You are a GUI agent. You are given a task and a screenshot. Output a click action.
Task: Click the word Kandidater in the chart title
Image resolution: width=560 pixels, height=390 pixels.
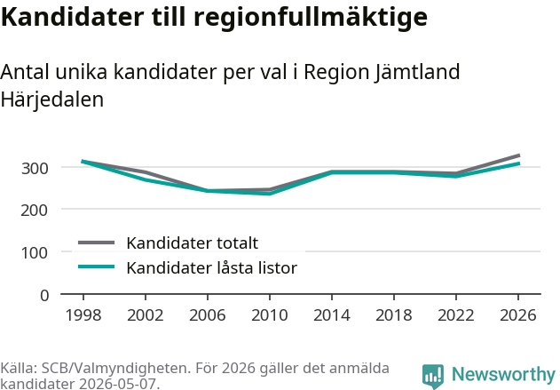tap(73, 17)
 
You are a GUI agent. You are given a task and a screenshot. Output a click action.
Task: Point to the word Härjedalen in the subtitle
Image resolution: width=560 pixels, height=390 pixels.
tap(52, 99)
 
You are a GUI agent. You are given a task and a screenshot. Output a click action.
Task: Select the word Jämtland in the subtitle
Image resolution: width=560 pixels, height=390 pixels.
tap(417, 73)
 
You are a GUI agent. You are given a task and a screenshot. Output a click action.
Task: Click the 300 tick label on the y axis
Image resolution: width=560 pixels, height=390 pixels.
tap(35, 168)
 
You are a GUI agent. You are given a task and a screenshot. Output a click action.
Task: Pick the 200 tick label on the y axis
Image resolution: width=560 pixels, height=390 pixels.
tap(35, 210)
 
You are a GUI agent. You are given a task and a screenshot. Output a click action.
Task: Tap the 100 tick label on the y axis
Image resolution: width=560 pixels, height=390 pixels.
tap(35, 252)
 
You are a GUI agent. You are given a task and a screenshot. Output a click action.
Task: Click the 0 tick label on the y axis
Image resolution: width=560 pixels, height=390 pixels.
tap(44, 296)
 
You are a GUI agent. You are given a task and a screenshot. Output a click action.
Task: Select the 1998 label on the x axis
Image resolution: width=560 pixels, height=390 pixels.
tap(83, 315)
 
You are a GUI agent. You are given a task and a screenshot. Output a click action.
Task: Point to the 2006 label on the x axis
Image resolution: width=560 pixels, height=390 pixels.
tap(208, 315)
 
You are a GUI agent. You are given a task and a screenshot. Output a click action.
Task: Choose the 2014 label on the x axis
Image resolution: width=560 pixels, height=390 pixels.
tap(332, 315)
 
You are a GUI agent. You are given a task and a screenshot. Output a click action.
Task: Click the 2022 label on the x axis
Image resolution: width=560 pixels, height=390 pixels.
tap(456, 315)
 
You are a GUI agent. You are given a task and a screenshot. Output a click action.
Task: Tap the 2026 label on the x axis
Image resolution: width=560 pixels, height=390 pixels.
tap(518, 315)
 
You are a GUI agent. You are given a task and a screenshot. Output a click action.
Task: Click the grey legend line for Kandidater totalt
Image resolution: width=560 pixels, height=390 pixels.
tap(97, 243)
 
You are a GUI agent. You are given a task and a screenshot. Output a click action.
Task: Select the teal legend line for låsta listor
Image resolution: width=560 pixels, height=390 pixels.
tap(97, 267)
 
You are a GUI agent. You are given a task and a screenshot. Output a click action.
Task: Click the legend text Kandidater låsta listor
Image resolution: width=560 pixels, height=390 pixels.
tap(212, 267)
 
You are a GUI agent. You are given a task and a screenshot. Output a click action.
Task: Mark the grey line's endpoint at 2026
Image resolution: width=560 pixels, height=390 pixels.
tap(519, 155)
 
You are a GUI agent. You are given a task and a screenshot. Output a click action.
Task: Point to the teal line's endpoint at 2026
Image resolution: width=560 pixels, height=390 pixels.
tap(519, 163)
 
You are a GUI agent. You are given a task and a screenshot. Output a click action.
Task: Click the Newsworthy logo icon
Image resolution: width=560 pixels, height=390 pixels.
tap(433, 377)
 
